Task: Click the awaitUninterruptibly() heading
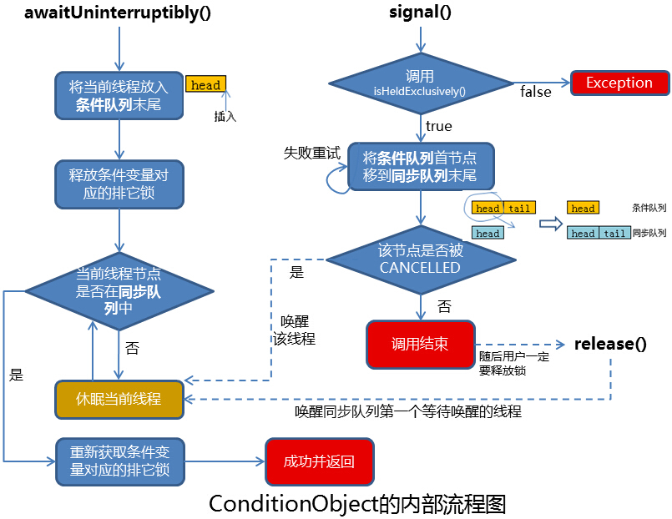117,13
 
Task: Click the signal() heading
421,13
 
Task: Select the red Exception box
619,83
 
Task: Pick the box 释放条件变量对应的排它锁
119,184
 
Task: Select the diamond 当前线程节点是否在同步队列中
119,290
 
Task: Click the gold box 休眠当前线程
119,399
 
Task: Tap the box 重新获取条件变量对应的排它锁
119,461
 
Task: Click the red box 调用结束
421,344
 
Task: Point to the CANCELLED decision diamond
421,259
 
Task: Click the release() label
610,344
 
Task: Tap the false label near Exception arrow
535,92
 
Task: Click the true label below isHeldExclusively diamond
438,126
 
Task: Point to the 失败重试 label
312,153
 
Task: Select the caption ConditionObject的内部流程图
357,504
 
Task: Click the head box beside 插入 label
205,85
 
